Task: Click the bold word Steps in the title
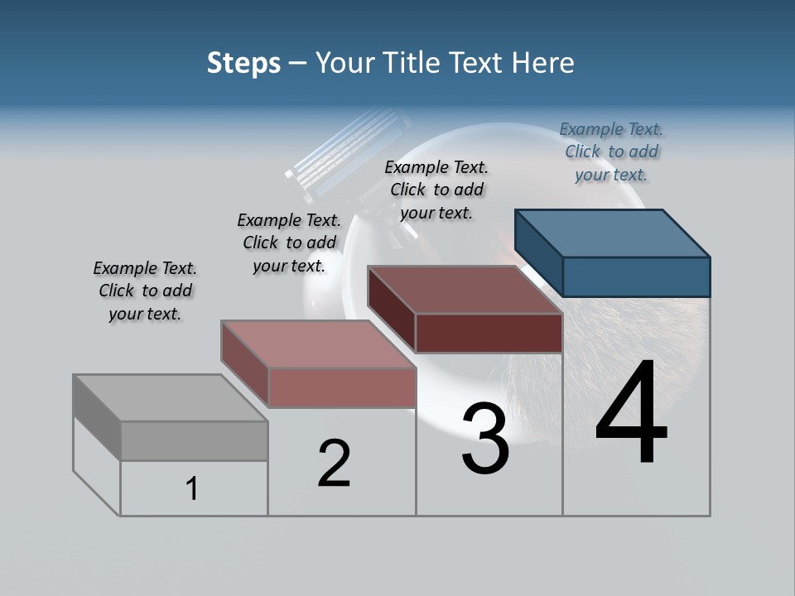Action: (243, 63)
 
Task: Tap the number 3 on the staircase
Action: (485, 440)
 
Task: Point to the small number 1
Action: (192, 489)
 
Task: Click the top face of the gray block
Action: (170, 398)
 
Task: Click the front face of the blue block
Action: (636, 276)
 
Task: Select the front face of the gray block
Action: (194, 440)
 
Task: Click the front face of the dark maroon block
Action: (489, 333)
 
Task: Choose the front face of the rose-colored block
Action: (341, 387)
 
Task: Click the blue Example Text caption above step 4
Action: (611, 151)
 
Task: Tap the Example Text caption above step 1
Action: (145, 291)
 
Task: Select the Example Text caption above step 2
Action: (289, 243)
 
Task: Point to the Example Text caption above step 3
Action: (436, 190)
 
